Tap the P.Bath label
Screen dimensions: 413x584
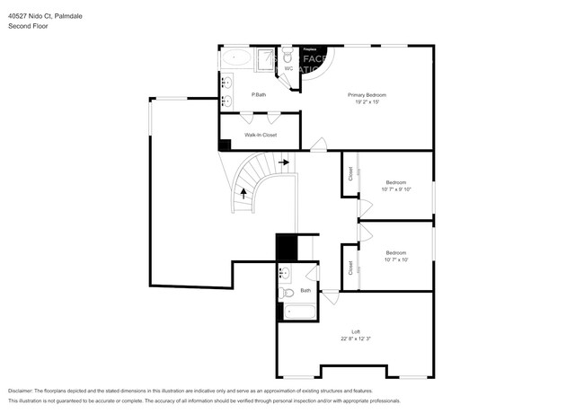(259, 94)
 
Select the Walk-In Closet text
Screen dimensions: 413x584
(261, 135)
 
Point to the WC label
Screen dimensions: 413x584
(288, 68)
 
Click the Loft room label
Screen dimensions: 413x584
(356, 331)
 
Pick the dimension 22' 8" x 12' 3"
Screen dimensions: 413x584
(356, 339)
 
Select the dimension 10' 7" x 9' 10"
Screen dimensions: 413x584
(396, 189)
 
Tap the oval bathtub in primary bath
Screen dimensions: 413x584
(236, 58)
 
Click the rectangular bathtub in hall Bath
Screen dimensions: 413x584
(298, 312)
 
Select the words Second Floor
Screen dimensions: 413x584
(28, 27)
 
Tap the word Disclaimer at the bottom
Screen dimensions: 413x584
(22, 391)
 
